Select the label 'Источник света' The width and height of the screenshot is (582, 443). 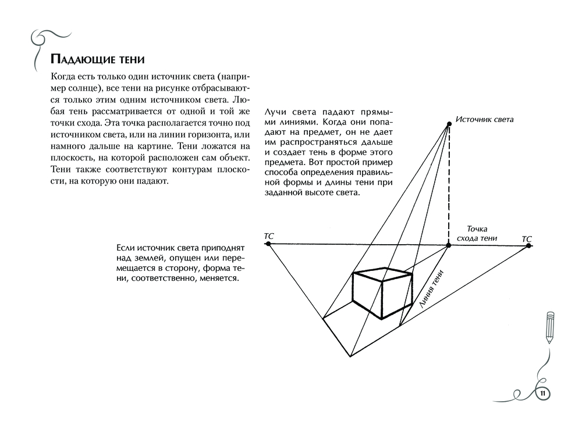coord(484,119)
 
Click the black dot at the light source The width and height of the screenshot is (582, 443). coord(449,124)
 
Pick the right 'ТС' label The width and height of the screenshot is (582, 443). coord(526,238)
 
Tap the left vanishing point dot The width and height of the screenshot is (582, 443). coord(268,244)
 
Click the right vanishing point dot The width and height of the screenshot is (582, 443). coord(528,246)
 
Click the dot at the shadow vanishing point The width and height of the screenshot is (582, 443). coord(449,245)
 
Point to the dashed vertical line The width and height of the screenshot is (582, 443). coord(449,186)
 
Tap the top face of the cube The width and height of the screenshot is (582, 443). coord(383,274)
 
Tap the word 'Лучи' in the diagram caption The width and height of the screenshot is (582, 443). coord(275,112)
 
